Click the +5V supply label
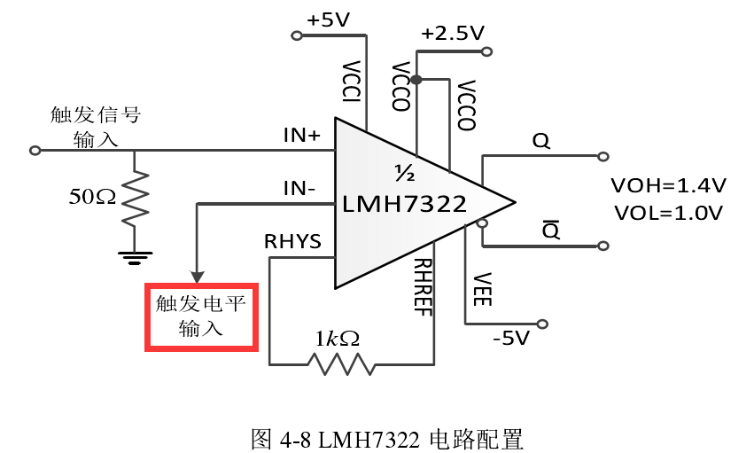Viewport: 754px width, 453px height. (x=329, y=20)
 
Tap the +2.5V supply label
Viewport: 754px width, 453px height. (x=453, y=34)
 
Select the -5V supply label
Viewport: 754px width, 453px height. (x=510, y=338)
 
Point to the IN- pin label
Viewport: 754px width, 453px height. (x=299, y=188)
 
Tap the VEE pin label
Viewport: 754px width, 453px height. (x=482, y=290)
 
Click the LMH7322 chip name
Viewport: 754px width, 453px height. (x=404, y=205)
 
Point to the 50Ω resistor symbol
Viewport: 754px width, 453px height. (x=135, y=197)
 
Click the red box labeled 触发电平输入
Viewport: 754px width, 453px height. (x=201, y=316)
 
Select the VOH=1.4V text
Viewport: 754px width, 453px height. (x=669, y=186)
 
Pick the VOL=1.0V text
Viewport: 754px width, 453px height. (x=668, y=213)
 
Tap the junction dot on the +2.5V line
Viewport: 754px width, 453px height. (x=416, y=81)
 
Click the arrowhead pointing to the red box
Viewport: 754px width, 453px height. (x=198, y=274)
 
